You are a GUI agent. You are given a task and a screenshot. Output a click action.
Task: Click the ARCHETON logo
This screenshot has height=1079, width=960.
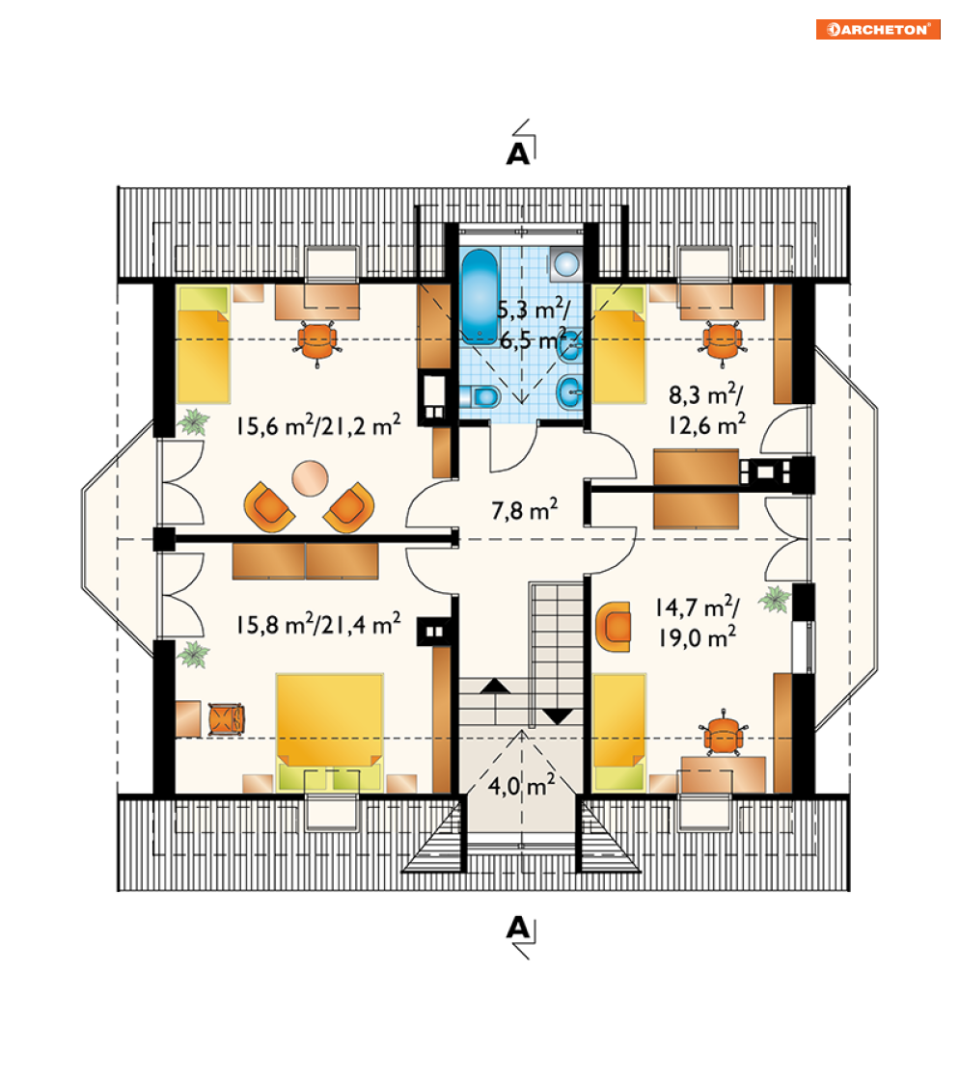point(878,30)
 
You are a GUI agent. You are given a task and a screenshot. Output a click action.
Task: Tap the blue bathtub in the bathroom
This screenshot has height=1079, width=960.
point(480,297)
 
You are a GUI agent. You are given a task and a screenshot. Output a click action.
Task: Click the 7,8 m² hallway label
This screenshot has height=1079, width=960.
point(524,510)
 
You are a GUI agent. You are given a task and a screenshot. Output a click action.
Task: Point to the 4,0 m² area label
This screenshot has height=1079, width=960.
point(521,785)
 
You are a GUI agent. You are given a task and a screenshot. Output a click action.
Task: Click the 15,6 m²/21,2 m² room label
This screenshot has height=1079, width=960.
point(318,425)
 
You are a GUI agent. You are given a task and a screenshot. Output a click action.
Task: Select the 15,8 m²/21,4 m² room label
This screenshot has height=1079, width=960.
point(318,624)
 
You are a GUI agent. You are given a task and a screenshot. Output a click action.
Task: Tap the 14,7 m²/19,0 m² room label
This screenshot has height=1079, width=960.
point(697,622)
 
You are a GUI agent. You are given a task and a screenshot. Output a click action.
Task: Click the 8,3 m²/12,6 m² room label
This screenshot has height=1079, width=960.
point(706,410)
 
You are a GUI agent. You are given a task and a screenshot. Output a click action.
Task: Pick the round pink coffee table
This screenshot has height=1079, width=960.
point(310,478)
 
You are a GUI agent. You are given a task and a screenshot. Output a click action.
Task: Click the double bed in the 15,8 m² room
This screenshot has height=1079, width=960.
point(330,732)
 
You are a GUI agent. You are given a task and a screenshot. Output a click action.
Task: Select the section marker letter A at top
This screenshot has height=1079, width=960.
point(518,153)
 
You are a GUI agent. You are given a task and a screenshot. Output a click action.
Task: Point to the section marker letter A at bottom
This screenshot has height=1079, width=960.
point(518,929)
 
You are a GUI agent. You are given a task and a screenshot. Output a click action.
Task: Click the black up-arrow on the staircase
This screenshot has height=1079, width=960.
point(495,686)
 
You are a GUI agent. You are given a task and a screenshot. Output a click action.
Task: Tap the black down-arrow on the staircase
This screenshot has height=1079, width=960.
point(559,716)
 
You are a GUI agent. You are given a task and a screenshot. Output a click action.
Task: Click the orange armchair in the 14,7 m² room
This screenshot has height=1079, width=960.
point(614,626)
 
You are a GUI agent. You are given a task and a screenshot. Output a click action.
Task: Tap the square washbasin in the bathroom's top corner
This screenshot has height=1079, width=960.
point(566,264)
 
